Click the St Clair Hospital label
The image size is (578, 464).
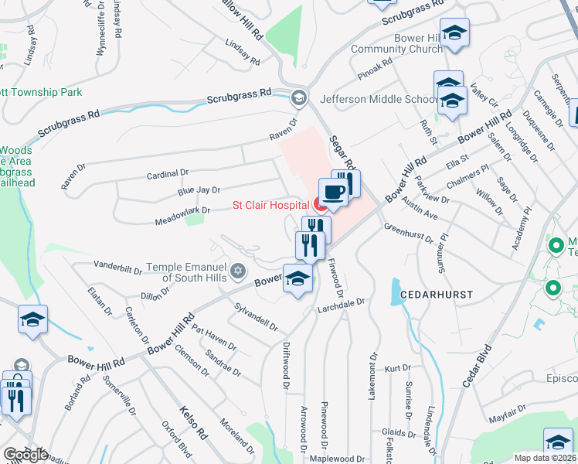click(271, 205)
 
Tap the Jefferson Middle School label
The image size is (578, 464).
click(379, 99)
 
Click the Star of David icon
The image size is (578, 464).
click(238, 271)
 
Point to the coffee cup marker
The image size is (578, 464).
click(333, 192)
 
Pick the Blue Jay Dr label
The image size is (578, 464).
click(199, 189)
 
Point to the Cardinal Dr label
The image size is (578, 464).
click(168, 175)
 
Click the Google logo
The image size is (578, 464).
click(25, 454)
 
